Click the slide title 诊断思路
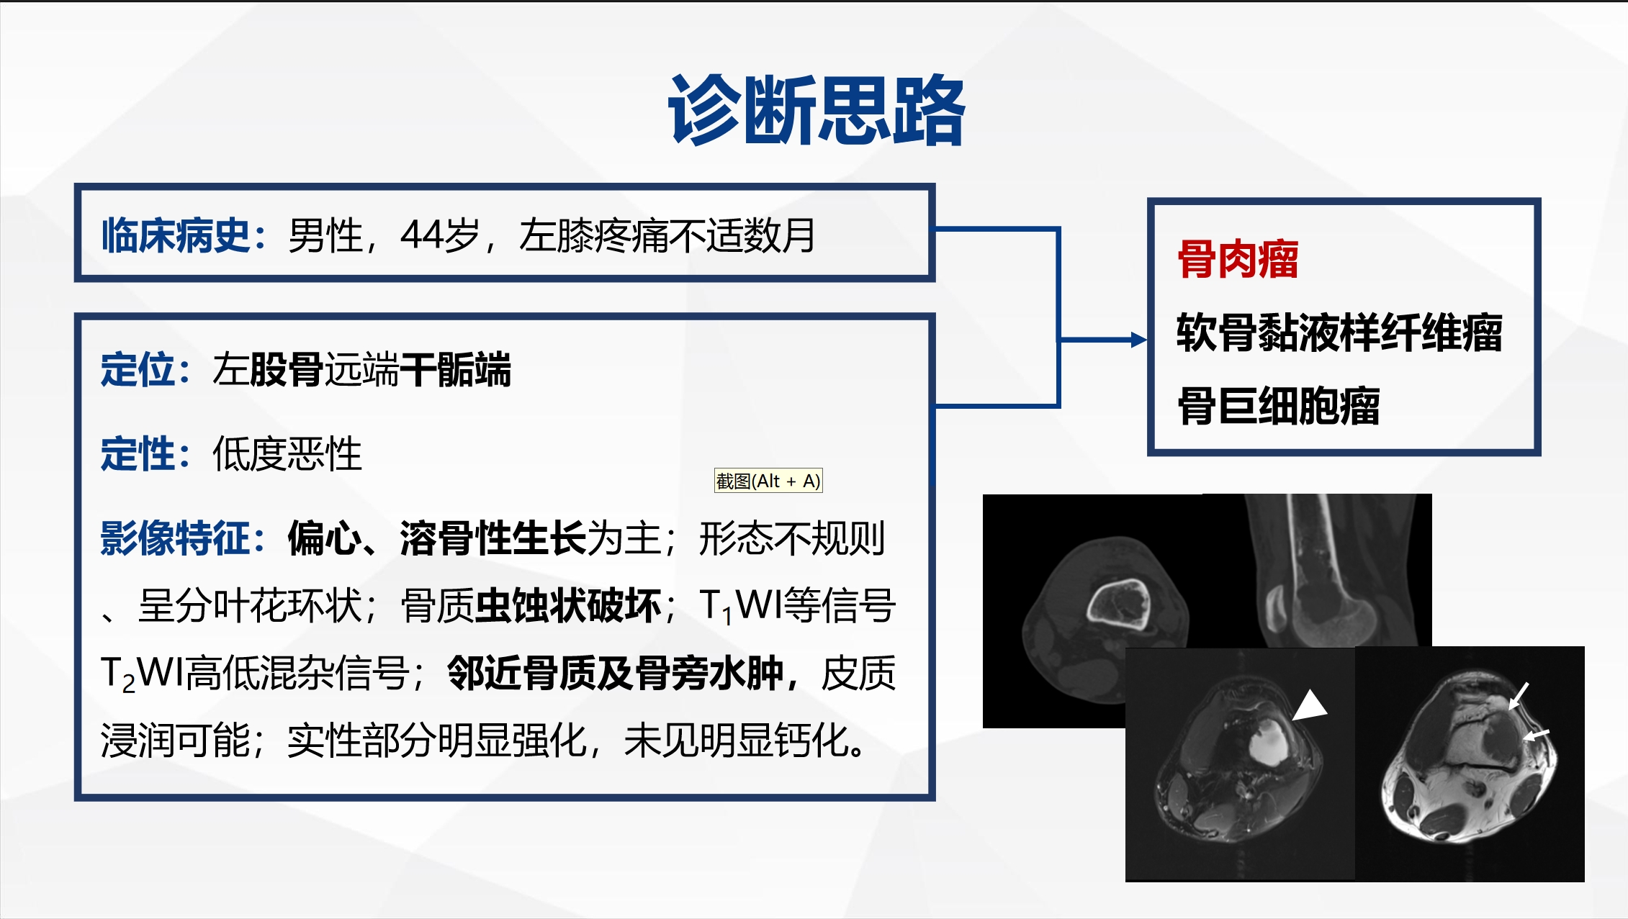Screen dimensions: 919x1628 pos(817,112)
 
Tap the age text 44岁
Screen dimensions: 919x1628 pos(439,235)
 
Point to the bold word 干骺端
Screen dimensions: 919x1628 pos(455,370)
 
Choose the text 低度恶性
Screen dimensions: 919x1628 pos(287,454)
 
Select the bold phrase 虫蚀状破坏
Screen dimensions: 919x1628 pos(568,606)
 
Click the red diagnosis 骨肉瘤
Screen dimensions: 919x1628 pos(1238,260)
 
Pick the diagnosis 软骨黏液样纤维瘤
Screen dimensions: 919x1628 pos(1339,333)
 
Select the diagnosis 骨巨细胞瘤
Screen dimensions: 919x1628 pos(1279,407)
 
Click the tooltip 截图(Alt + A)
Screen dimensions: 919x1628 pos(768,481)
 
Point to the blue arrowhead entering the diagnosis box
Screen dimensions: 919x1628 pos(1139,340)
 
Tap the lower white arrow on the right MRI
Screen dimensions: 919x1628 pos(1536,735)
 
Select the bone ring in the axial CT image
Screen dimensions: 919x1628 pos(1118,605)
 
